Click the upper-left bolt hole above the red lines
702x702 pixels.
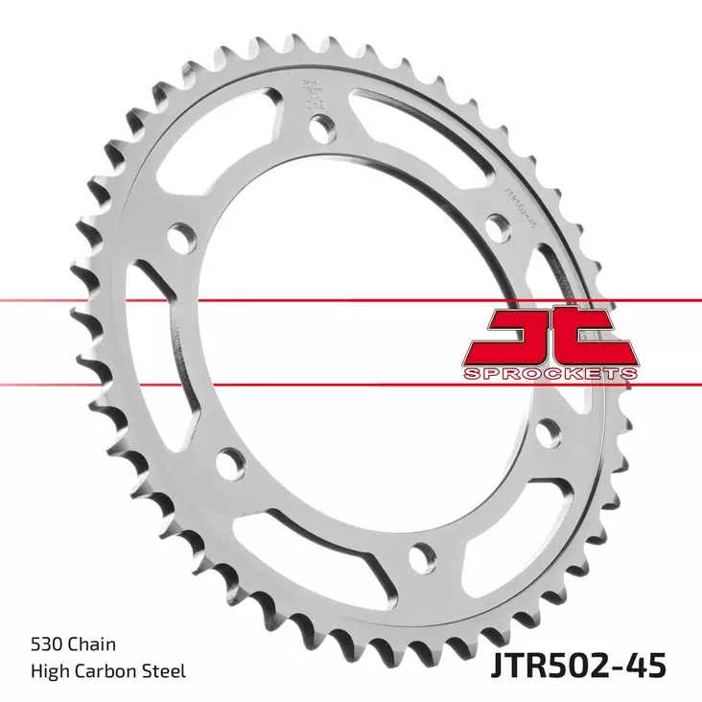tap(179, 236)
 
